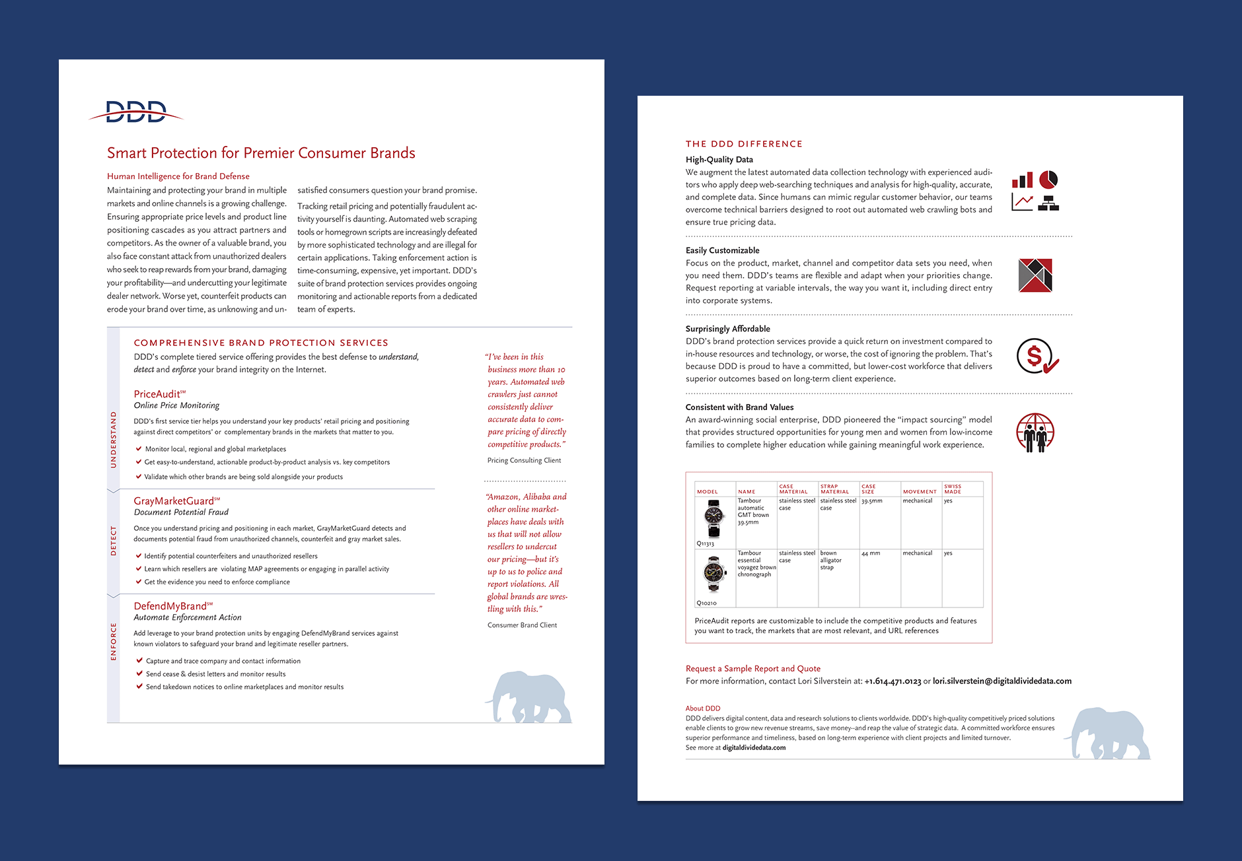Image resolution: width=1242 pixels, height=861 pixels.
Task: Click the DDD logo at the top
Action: coord(135,112)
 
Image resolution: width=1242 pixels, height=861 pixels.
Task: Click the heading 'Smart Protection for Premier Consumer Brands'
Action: coord(261,153)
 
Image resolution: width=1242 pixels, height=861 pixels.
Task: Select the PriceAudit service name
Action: coord(157,394)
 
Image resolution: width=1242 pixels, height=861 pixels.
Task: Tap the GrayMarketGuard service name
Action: coord(174,501)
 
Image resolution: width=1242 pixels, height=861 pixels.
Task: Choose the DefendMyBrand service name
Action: coord(170,606)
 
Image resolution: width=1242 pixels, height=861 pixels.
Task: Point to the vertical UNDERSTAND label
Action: coord(114,440)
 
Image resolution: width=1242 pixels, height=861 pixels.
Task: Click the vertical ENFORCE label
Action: coord(114,641)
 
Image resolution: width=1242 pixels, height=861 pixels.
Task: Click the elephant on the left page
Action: coord(529,697)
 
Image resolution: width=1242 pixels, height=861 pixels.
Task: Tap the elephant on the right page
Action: coord(1108,733)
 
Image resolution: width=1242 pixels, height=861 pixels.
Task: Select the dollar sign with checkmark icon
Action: coord(1037,357)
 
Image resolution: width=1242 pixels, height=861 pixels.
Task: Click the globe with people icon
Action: coord(1035,432)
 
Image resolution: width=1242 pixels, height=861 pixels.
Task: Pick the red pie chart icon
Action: coord(1048,179)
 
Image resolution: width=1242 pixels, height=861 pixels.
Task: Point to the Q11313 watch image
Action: coord(713,518)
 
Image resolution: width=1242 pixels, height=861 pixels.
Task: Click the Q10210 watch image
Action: coord(713,574)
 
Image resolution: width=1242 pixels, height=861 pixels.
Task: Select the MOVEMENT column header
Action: coord(920,491)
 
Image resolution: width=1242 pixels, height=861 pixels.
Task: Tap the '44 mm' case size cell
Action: coord(871,553)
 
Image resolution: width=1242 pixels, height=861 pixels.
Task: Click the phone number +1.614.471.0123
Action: coord(893,681)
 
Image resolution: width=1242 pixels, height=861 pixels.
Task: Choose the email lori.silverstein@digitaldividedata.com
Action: coord(1002,681)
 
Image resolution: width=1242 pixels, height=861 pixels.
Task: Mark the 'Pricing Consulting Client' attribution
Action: coord(524,460)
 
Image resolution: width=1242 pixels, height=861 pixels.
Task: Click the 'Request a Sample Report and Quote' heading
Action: coord(753,668)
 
